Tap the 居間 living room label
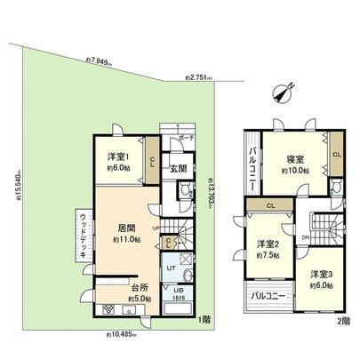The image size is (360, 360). [x=124, y=228]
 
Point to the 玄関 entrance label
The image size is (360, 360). [x=178, y=168]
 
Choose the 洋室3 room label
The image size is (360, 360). [x=321, y=277]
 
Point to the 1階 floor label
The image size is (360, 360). [x=205, y=318]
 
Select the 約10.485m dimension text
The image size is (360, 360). [x=122, y=334]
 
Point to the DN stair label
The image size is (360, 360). [x=305, y=239]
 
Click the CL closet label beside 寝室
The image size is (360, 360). [x=336, y=153]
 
